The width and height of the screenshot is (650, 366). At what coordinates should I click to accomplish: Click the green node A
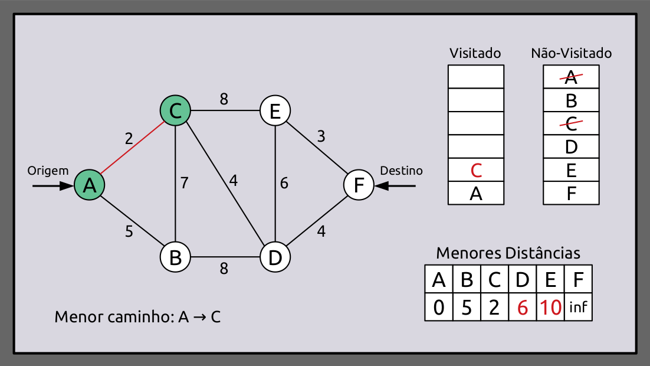(89, 185)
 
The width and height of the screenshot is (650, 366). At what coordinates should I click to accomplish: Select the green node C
(175, 110)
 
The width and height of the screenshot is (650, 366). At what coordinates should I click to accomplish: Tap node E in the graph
(275, 110)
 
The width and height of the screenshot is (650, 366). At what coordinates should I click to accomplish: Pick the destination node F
(359, 185)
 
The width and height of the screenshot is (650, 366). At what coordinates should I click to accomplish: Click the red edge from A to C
(132, 148)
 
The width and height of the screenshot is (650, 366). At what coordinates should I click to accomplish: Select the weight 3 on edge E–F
(321, 136)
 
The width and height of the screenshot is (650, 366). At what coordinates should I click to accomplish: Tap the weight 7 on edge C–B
(185, 183)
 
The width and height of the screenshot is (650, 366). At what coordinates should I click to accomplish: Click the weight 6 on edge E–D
(284, 184)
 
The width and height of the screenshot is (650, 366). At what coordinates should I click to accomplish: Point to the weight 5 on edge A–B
(129, 231)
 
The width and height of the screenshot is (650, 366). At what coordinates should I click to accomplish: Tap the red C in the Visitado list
(477, 170)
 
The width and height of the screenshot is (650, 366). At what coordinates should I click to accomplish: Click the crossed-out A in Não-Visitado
(570, 76)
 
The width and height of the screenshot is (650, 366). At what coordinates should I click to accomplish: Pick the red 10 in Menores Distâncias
(550, 308)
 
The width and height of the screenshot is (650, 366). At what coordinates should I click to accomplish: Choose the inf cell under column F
(578, 308)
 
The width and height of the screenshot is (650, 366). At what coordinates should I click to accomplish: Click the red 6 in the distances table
(522, 308)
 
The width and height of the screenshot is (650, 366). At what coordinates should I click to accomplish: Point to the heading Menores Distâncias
(508, 253)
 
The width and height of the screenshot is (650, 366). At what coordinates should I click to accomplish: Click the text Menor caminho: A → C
(137, 317)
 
